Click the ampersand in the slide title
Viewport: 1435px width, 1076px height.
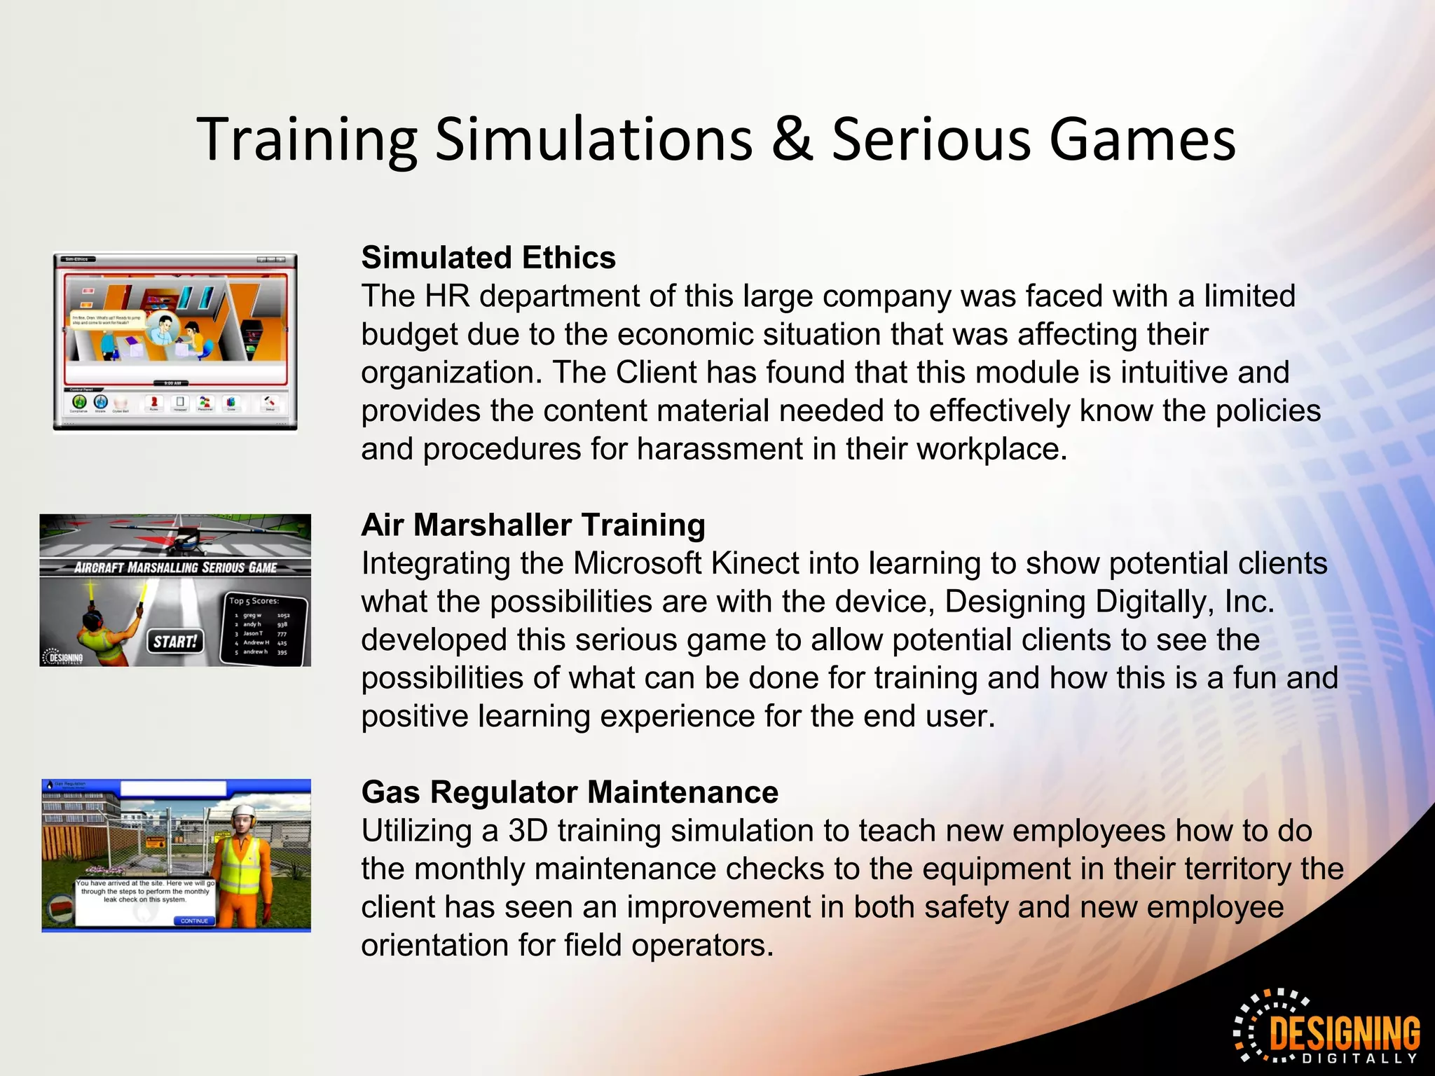792,140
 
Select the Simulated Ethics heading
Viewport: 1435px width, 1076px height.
488,258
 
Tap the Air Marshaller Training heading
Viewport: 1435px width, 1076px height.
533,525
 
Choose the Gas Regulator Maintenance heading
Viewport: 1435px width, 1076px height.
570,792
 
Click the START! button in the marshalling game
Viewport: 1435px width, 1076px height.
175,641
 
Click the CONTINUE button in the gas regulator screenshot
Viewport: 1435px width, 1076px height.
194,920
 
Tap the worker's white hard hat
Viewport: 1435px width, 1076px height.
242,812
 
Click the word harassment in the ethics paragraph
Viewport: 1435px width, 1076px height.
720,449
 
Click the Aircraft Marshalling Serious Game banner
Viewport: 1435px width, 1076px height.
175,567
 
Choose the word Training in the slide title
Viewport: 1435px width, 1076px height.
307,140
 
